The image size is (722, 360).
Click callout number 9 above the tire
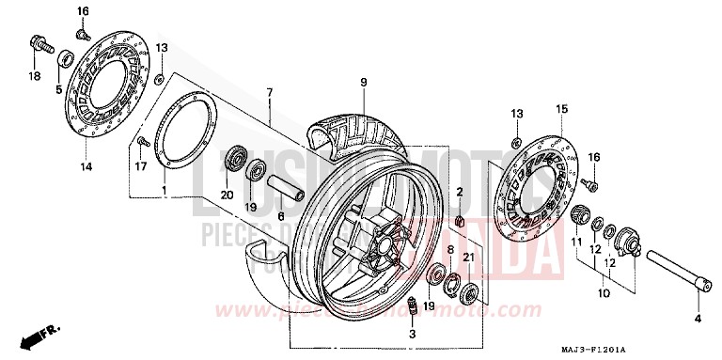pyautogui.click(x=362, y=83)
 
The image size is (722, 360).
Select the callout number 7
pyautogui.click(x=269, y=92)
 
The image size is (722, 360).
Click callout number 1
pyautogui.click(x=165, y=191)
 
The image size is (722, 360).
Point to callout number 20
pyautogui.click(x=226, y=195)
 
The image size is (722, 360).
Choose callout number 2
pyautogui.click(x=460, y=192)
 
